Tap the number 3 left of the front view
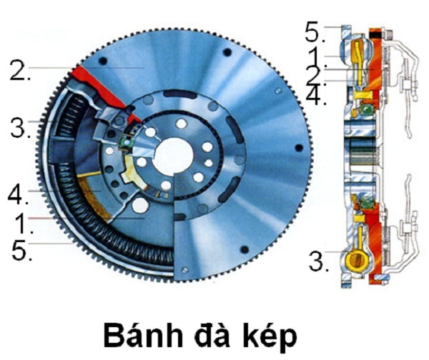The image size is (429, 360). pos(19,129)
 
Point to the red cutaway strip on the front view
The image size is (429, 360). pos(100,83)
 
